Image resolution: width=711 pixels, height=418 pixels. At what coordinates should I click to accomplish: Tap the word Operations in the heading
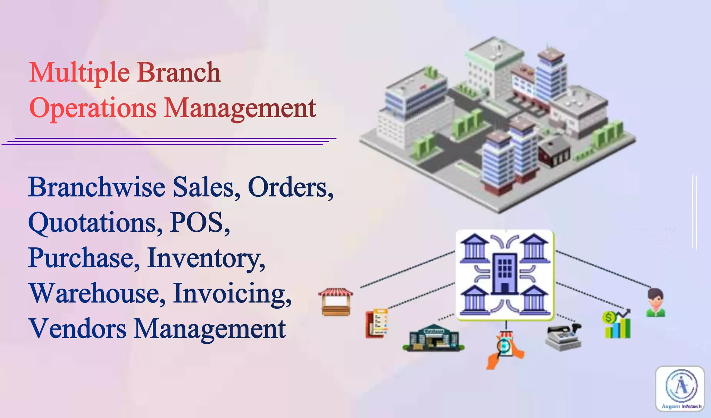coord(93,108)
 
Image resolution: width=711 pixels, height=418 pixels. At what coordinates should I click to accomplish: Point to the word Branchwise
coord(97,187)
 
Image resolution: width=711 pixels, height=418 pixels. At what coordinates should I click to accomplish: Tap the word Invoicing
coord(232,293)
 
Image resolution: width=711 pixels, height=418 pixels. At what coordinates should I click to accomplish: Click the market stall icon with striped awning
coord(336,301)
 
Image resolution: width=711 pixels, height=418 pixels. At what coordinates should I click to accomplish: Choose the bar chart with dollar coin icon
coord(617,324)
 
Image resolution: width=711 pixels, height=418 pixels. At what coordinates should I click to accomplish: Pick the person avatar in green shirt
coord(655,302)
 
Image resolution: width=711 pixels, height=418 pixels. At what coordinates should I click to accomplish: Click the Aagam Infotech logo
coord(680,389)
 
